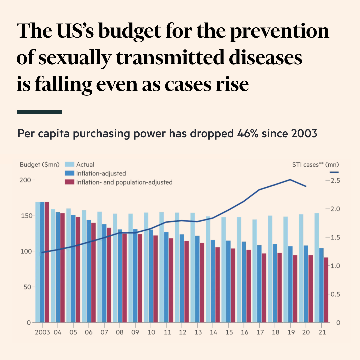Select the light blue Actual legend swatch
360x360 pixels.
69,164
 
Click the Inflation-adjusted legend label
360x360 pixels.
101,173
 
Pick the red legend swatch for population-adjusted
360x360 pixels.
69,182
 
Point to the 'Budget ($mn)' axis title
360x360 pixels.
40,164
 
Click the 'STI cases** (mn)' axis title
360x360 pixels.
315,164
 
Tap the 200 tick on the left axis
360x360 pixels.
26,180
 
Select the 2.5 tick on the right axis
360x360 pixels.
333,180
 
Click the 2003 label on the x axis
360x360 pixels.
42,332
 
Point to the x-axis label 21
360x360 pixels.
322,332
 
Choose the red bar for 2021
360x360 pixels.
326,290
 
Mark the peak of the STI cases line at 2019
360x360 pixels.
290,180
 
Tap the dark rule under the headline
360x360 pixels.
40,112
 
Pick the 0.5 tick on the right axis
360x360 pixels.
334,294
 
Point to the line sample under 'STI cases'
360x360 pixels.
334,172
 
